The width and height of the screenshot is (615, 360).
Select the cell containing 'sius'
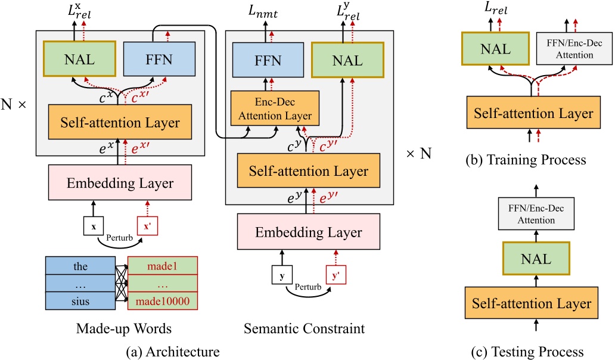(80, 301)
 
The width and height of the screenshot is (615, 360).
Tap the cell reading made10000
(162, 301)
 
